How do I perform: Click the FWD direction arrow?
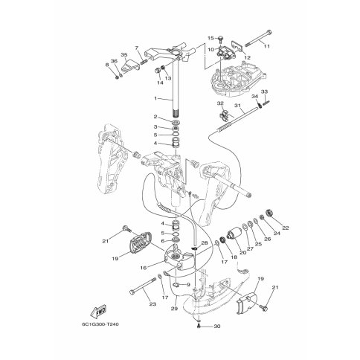coord(98,311)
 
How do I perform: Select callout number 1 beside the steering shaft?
coord(155,98)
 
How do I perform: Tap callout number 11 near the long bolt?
coord(267,46)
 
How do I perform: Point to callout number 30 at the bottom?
coord(217,327)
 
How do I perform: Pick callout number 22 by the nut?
coord(286,228)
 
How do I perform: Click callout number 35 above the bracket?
coord(124,54)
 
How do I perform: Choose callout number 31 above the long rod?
coord(238,106)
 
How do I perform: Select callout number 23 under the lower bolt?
coord(152,304)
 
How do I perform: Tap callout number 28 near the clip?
coord(205,243)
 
